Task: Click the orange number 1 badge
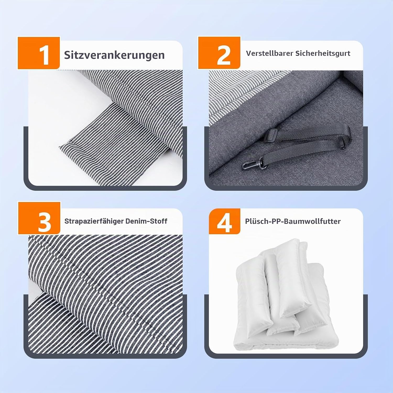(x=39, y=53)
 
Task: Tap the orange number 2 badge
(x=219, y=53)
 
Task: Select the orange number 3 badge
(x=39, y=218)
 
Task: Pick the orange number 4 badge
(x=225, y=221)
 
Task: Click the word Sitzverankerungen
(x=114, y=55)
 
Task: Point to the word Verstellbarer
(x=269, y=53)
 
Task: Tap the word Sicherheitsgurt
(x=323, y=53)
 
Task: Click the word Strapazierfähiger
(x=94, y=221)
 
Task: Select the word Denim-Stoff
(x=146, y=221)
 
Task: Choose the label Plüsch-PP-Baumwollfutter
(x=293, y=221)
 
